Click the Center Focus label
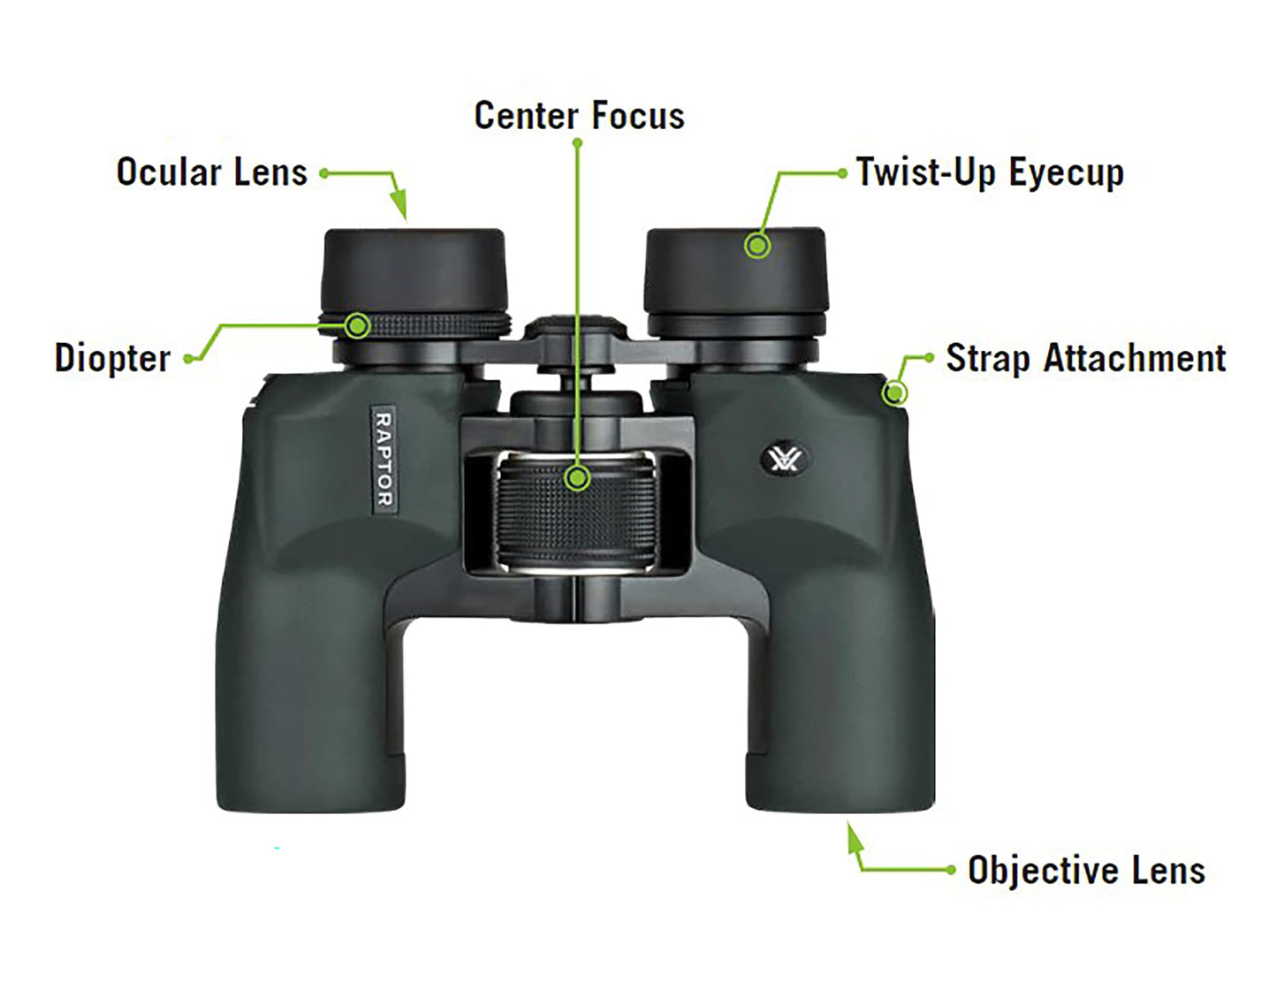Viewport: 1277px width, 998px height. pos(579,116)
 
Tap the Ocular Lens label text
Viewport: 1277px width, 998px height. pos(212,172)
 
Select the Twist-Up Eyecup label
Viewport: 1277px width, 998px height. pos(990,172)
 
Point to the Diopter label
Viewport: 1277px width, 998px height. pos(112,358)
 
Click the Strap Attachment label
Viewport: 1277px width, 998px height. pos(1085,359)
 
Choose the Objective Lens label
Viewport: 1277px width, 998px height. pos(1086,871)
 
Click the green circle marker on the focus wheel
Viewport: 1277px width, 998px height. pos(577,478)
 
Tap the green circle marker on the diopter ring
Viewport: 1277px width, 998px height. pos(357,326)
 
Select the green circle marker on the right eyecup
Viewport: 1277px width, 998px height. pos(756,245)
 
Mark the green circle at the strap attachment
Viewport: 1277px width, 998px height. pos(895,392)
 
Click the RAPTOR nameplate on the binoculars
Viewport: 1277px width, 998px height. pos(384,459)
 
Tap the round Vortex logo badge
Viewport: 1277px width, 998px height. pos(783,460)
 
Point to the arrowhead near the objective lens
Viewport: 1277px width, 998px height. pos(853,836)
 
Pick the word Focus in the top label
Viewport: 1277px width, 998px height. pos(637,116)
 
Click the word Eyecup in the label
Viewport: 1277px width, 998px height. pos(1067,172)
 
